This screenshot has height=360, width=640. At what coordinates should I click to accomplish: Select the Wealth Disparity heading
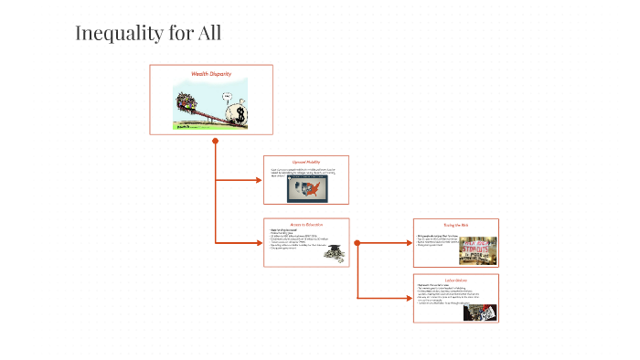(x=211, y=72)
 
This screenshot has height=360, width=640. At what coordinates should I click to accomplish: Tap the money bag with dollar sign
(x=240, y=113)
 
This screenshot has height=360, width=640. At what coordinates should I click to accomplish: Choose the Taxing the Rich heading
(x=455, y=224)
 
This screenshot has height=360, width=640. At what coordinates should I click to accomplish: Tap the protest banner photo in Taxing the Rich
(x=478, y=250)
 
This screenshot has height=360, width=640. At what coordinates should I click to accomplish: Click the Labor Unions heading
(x=455, y=279)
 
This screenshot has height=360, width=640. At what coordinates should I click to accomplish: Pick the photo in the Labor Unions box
(x=480, y=311)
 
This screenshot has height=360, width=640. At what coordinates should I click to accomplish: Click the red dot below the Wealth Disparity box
(x=215, y=142)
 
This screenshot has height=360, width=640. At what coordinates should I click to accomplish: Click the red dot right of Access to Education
(x=357, y=243)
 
